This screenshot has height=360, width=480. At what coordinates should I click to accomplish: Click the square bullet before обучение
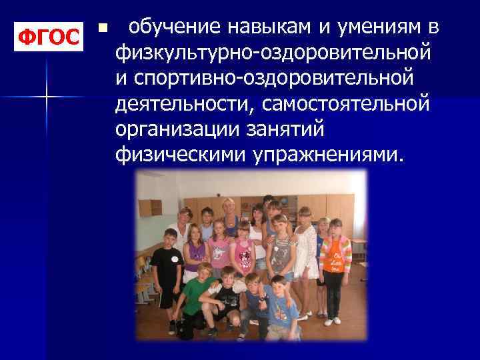101,29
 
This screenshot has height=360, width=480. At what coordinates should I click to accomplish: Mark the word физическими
181,155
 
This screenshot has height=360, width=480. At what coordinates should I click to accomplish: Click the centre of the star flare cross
46,97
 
